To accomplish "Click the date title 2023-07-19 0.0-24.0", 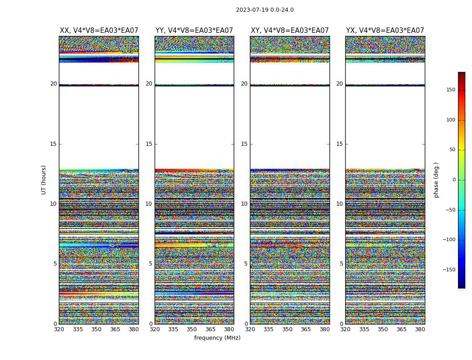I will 265,10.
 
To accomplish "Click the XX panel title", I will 99,31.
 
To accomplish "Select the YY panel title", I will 194,31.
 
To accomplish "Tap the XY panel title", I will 290,31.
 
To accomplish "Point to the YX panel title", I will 385,31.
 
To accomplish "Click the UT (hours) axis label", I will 44,180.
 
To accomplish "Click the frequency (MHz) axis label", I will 217,338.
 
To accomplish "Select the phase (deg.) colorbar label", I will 436,180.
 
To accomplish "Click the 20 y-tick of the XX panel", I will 53,84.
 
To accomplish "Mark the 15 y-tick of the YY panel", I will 149,144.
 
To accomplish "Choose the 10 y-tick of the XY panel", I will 244,204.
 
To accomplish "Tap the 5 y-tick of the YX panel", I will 341,264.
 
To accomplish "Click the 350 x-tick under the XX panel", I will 96,329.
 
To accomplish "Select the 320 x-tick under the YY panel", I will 155,329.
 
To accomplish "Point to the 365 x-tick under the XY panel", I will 306,329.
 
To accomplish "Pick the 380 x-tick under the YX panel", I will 420,329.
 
